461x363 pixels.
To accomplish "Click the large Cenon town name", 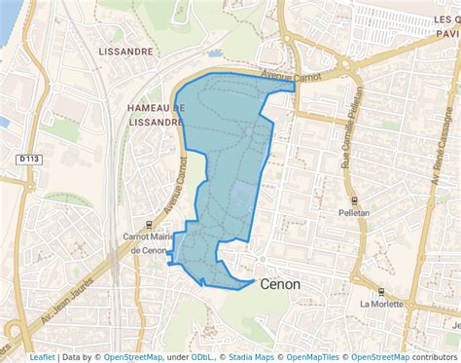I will pos(281,284).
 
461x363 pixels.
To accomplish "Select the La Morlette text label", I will pos(380,303).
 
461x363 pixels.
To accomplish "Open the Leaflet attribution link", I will pos(42,356).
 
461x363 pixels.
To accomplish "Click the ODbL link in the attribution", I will pos(202,356).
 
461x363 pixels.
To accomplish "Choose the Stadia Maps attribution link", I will pos(250,356).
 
